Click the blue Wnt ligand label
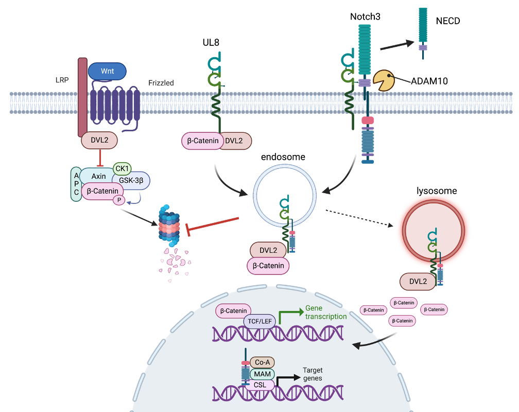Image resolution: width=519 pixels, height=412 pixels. coord(107,71)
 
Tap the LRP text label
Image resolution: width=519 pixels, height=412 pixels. coord(62,80)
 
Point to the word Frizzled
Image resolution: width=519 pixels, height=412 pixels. coord(161,82)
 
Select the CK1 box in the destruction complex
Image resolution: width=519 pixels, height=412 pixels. coord(123,168)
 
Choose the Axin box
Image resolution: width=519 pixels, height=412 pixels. coord(98,176)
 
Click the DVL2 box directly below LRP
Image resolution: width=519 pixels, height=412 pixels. coord(99,140)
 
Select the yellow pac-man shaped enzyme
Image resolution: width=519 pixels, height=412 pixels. coord(384,80)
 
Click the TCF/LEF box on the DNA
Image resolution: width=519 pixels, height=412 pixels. coord(260,321)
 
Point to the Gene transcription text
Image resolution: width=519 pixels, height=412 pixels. coord(325,312)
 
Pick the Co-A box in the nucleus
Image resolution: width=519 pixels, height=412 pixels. coord(262,362)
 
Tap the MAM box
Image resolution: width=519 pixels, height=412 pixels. coord(262,374)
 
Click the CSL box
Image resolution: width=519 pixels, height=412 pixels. coord(261,385)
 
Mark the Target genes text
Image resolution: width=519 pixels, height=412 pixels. coord(313,374)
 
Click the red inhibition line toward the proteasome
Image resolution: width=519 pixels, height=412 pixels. coord(214,225)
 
